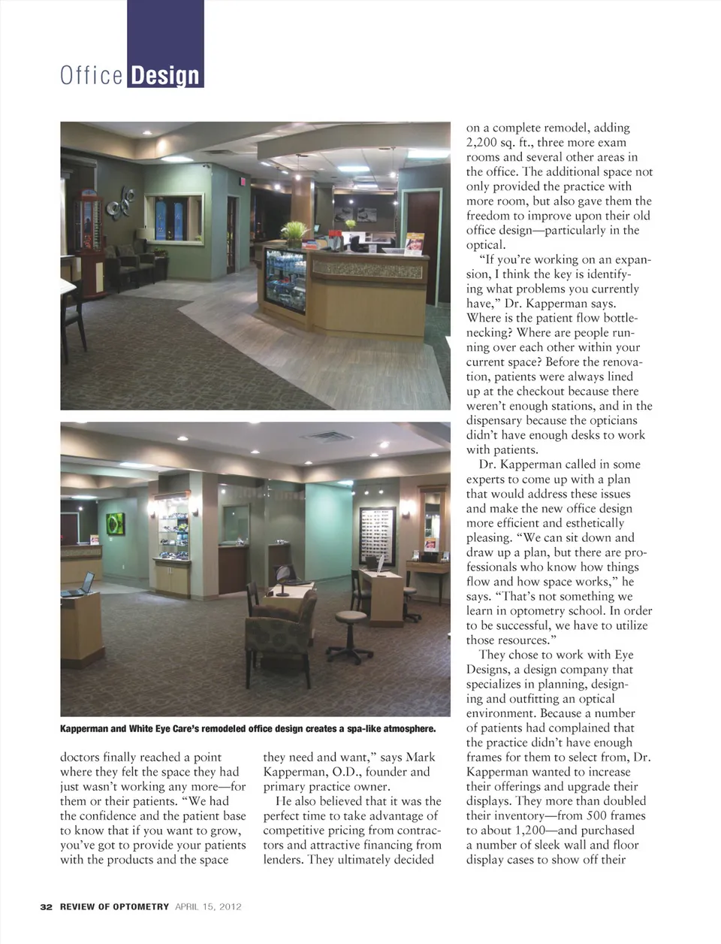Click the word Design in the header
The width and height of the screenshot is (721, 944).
tap(164, 75)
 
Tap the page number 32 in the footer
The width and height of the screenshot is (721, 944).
tap(46, 906)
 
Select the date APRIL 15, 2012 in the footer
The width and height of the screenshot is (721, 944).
tap(208, 906)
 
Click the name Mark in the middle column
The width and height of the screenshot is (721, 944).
tap(421, 758)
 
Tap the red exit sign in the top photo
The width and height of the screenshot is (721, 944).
tap(243, 181)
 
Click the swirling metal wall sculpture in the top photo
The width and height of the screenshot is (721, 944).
tap(120, 202)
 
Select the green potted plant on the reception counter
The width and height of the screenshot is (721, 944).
tap(294, 232)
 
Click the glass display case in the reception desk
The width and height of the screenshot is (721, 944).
tap(285, 279)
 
